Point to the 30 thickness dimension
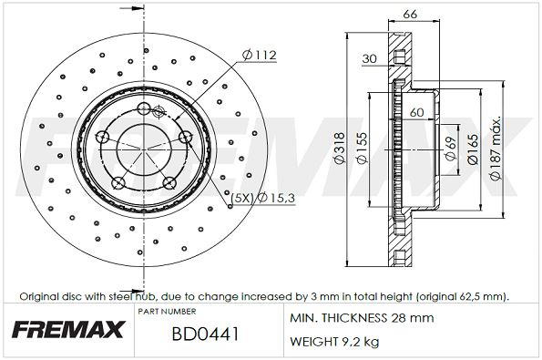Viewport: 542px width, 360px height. [x=370, y=59]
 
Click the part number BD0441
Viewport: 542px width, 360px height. [x=205, y=334]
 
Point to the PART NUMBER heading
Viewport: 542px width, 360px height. [x=167, y=312]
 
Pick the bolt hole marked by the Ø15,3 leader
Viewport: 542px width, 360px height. [x=185, y=138]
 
